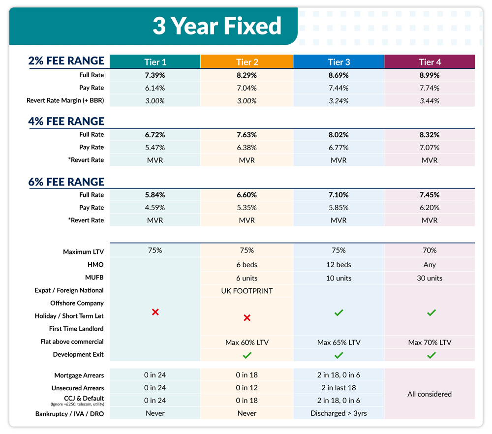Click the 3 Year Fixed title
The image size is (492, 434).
[216, 26]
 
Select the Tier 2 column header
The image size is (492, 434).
[247, 62]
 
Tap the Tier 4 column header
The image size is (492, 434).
[430, 62]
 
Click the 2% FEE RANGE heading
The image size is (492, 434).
[66, 61]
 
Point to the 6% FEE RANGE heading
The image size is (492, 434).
[66, 182]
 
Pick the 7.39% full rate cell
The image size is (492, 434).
[155, 75]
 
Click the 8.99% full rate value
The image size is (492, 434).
[430, 75]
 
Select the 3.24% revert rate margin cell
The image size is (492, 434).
[338, 101]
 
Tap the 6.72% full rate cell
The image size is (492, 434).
[155, 135]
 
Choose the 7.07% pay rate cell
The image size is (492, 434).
[430, 147]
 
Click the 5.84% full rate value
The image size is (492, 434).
[155, 195]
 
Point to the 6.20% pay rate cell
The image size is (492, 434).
[430, 208]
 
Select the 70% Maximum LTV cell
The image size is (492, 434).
[430, 250]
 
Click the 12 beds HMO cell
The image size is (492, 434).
[338, 265]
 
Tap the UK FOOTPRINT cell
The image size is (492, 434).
[247, 291]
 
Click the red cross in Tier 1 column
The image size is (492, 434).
[155, 312]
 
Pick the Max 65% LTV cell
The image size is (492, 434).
[338, 342]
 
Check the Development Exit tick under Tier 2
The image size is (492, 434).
[247, 355]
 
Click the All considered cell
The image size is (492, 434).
[430, 394]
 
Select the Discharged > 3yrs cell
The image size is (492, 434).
[338, 413]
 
